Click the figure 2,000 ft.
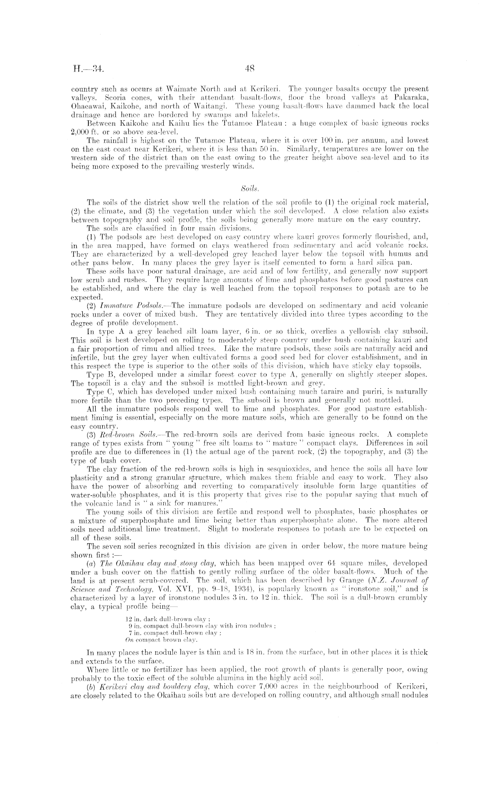(x=82, y=131)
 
